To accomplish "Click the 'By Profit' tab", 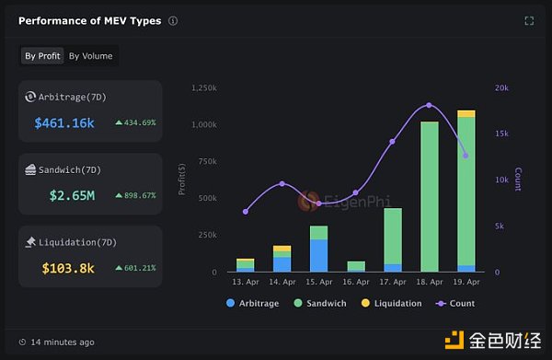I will click(x=42, y=56).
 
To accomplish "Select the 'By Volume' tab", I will click(x=90, y=56).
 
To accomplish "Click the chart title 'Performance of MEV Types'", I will click(x=90, y=20).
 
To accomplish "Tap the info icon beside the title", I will click(x=173, y=20).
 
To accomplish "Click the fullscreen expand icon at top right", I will click(x=529, y=20).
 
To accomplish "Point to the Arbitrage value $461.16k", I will click(x=64, y=122).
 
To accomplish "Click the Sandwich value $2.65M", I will click(x=71, y=195).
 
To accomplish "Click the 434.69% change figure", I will click(x=135, y=122).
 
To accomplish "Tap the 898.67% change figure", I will click(x=135, y=195).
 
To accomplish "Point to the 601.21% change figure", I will click(x=135, y=268).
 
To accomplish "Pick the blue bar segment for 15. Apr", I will click(x=318, y=255).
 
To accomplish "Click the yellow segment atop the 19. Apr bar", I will click(x=466, y=113).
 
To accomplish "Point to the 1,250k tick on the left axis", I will click(x=203, y=87).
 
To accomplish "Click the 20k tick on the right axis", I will click(x=502, y=87).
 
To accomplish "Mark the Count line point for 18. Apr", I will click(x=429, y=105).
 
